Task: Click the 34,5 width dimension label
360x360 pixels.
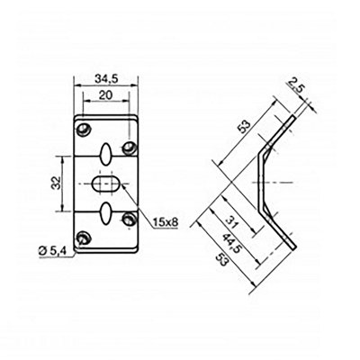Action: coord(107,78)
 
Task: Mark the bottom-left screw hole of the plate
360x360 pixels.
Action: coord(84,238)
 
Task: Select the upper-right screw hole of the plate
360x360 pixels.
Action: coord(131,146)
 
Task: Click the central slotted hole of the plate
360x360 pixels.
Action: coord(107,184)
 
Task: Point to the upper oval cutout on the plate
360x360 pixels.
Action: coord(107,152)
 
